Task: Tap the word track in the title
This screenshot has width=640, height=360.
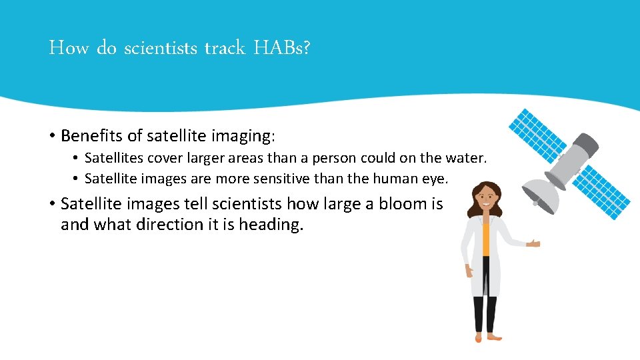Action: (225, 49)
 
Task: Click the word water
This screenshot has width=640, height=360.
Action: (469, 159)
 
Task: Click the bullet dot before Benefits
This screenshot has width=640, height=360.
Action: (51, 137)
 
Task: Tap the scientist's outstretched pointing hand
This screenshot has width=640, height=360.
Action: (533, 243)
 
